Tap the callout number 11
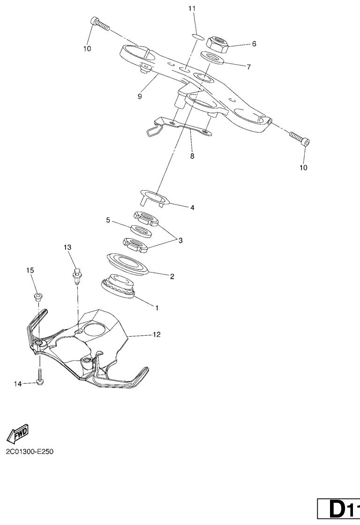coord(193,9)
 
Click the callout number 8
coord(192,156)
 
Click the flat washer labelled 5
coord(138,230)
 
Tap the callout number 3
coord(180,240)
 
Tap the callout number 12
coord(157,334)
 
